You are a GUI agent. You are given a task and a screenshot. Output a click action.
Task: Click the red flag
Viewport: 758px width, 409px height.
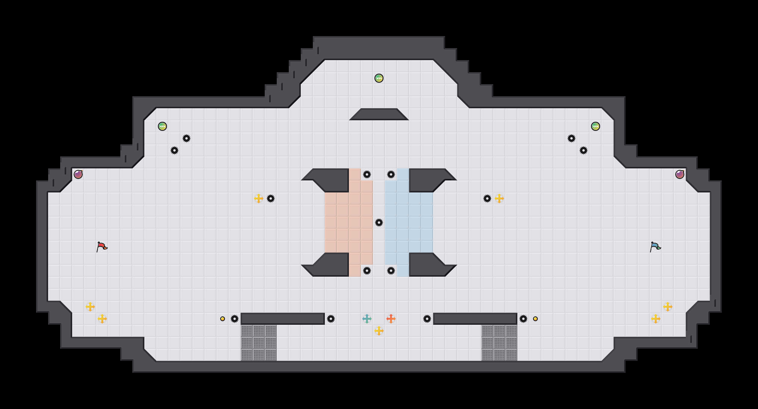point(102,247)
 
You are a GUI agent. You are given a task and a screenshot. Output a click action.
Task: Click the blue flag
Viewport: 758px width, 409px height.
point(655,247)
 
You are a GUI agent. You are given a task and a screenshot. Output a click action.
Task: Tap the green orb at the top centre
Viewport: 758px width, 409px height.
point(379,78)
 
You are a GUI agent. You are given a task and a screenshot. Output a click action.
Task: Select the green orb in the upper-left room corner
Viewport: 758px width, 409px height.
point(162,126)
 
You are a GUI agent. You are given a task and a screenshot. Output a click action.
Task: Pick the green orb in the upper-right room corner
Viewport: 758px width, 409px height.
point(596,126)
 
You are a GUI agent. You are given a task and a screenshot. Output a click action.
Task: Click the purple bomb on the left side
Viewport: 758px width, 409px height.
point(78,174)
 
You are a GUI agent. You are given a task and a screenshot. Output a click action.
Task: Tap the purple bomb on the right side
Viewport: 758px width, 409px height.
point(680,174)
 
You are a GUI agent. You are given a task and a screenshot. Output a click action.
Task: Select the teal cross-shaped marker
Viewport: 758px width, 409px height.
point(367,319)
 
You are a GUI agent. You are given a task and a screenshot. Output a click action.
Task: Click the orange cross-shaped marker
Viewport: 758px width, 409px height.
point(391,319)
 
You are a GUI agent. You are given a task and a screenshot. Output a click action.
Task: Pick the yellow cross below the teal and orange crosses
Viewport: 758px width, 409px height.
point(379,331)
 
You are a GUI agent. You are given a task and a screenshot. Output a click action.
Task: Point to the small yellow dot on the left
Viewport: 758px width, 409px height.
point(223,319)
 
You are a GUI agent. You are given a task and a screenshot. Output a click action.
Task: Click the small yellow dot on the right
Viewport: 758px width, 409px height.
point(535,319)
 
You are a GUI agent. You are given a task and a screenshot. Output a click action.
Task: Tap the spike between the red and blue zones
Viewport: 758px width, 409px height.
point(379,223)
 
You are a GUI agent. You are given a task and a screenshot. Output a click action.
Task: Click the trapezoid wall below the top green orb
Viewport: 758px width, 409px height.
point(379,114)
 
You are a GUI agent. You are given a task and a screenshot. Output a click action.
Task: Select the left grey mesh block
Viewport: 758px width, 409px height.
point(259,343)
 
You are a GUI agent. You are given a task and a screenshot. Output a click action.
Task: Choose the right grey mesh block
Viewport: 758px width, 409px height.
point(499,343)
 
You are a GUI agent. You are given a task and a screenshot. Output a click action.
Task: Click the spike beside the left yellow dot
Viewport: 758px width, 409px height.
point(235,319)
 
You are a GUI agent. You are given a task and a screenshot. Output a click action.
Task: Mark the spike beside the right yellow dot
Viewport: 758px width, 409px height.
point(523,319)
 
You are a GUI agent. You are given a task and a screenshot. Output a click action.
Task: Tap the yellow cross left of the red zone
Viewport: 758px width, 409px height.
point(259,198)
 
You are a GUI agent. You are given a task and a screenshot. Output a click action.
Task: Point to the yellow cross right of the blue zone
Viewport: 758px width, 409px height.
point(499,198)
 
